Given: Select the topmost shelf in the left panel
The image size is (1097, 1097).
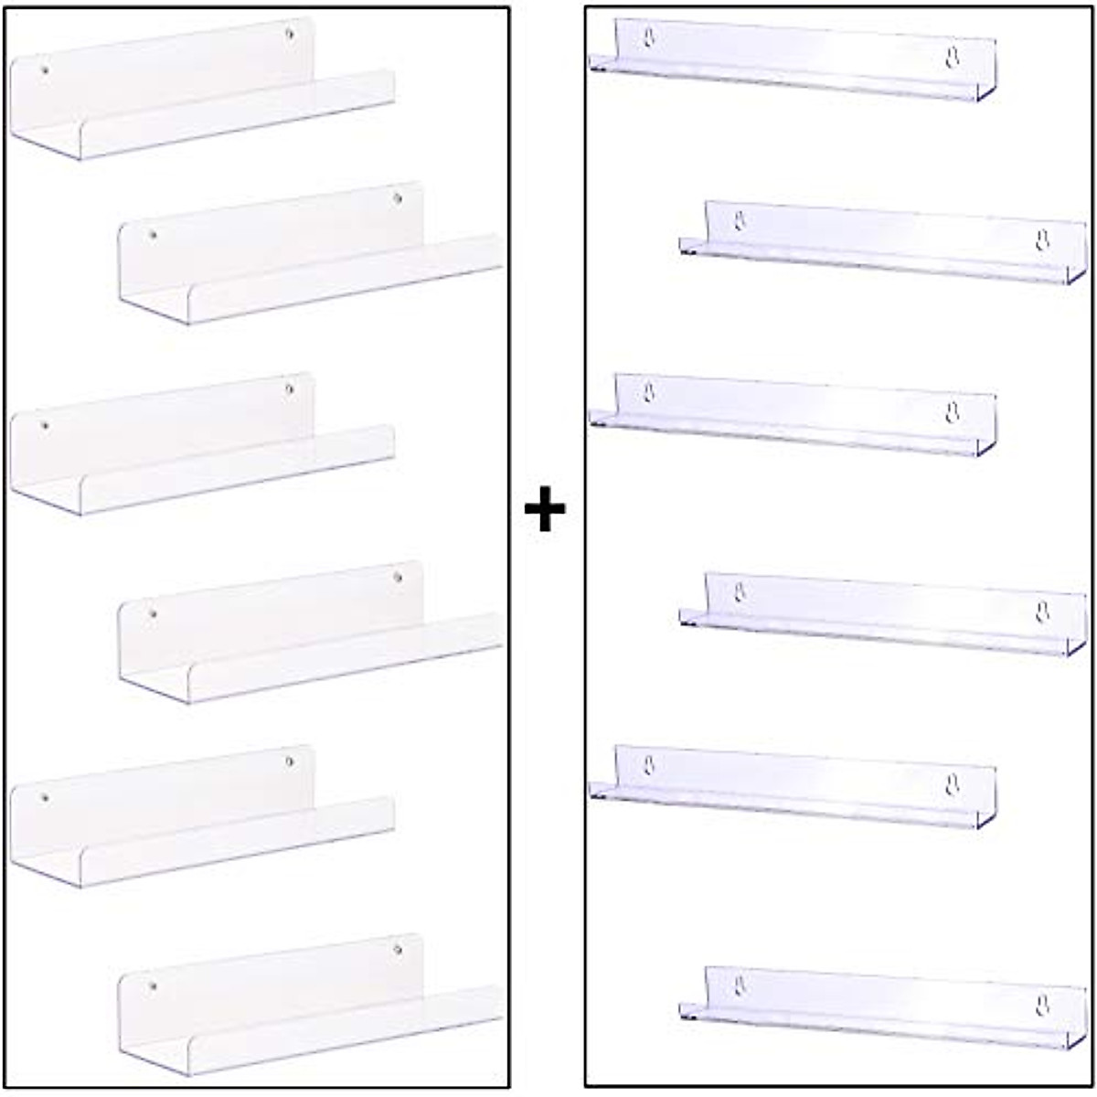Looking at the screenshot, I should tap(201, 91).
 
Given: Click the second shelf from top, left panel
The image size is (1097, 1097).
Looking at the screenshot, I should tap(311, 256).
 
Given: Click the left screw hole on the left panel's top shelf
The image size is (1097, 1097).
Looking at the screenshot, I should tap(45, 69).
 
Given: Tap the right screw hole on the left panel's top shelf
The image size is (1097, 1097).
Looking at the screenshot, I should tap(290, 34).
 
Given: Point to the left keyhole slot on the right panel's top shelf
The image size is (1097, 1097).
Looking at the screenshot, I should tap(649, 37).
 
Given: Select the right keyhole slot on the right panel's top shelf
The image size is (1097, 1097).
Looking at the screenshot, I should tap(952, 58).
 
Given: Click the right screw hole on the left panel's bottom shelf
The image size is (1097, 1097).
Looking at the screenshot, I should tap(398, 950).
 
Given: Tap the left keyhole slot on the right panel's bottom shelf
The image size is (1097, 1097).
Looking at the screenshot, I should tap(740, 985).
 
